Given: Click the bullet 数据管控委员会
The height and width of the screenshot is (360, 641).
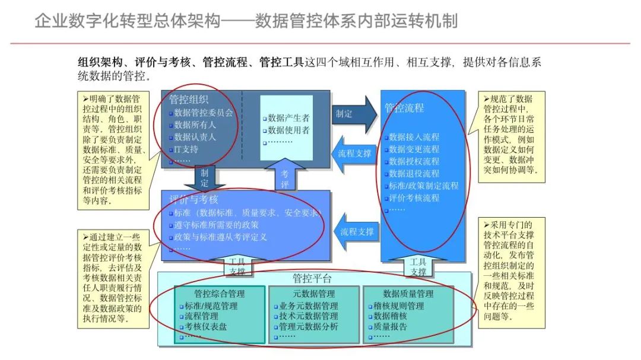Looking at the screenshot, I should [x=204, y=113].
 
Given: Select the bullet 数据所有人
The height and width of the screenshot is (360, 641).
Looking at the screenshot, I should [x=195, y=125].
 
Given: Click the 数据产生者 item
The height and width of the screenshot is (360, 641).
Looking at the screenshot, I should [x=288, y=118].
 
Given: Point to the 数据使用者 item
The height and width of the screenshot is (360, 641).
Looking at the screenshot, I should [x=288, y=130].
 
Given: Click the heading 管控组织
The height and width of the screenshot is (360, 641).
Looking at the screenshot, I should [x=189, y=100].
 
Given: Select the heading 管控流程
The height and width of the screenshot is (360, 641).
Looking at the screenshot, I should [x=404, y=108].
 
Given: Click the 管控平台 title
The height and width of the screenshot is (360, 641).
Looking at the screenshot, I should [x=312, y=279].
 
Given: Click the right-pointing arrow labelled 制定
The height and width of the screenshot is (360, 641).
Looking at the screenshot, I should [x=354, y=113].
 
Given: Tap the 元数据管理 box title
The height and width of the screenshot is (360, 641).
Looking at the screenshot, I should [x=314, y=294].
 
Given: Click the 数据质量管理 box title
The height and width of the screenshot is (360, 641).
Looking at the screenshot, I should [x=408, y=294].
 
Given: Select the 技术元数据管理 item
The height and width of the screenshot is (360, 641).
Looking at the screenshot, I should [x=308, y=316].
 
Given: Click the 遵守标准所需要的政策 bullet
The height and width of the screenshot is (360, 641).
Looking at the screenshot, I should [x=217, y=225].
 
